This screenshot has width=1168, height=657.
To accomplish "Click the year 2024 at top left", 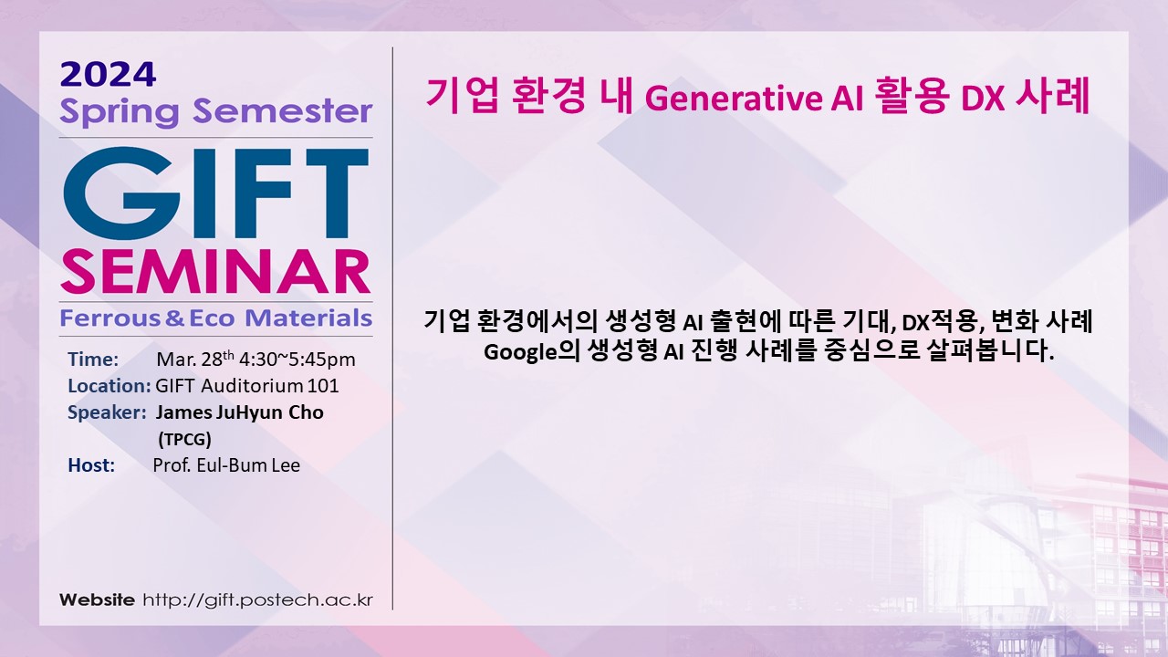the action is tap(108, 75).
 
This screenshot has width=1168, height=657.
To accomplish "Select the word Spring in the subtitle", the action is tap(120, 112).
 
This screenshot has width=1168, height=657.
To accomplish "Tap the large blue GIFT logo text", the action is tap(216, 193).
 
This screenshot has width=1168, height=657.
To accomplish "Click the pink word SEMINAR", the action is tap(215, 272).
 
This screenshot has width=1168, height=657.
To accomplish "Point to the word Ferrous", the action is tap(110, 318).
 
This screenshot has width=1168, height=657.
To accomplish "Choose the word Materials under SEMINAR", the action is tap(308, 318).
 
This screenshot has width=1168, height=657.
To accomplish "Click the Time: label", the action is tap(93, 360).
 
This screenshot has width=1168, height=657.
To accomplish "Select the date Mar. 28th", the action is tap(195, 359).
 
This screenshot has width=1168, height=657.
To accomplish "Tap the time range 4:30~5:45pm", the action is tap(297, 360).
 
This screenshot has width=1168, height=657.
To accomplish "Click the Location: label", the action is tap(109, 386).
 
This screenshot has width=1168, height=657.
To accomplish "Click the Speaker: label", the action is tap(107, 412).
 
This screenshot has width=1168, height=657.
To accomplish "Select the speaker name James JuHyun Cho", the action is tap(240, 412).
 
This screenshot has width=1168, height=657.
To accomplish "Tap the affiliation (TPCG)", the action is tap(184, 440).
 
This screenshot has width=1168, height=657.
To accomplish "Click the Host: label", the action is tap(91, 465).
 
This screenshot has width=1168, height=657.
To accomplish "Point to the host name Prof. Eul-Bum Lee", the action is tap(226, 465).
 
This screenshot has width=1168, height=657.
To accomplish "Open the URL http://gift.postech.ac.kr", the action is tap(258, 600).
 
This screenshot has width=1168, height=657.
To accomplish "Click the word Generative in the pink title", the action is tap(733, 98).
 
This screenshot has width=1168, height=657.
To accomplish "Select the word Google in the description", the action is tap(520, 352).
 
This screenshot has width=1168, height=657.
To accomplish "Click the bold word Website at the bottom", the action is tap(97, 600).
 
